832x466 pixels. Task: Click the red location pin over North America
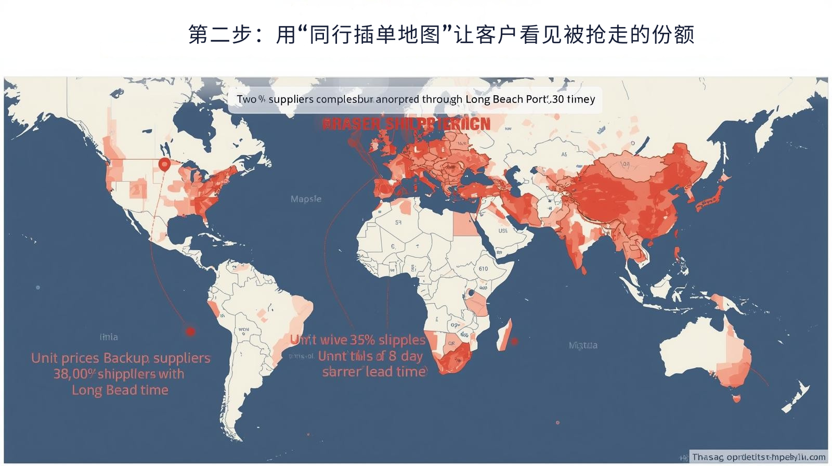click(x=164, y=165)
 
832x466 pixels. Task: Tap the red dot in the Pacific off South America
click(x=190, y=331)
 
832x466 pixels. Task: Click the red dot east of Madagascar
click(x=514, y=341)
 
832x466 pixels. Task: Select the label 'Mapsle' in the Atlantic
click(x=306, y=199)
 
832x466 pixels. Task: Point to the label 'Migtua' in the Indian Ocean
click(x=583, y=345)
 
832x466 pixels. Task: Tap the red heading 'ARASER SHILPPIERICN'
click(x=406, y=124)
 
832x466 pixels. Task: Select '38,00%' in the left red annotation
click(x=74, y=374)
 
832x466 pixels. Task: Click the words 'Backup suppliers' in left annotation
click(x=157, y=358)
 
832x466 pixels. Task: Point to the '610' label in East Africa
click(x=483, y=269)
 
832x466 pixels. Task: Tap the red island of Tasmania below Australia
click(x=736, y=399)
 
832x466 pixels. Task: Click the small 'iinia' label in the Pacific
click(x=109, y=337)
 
